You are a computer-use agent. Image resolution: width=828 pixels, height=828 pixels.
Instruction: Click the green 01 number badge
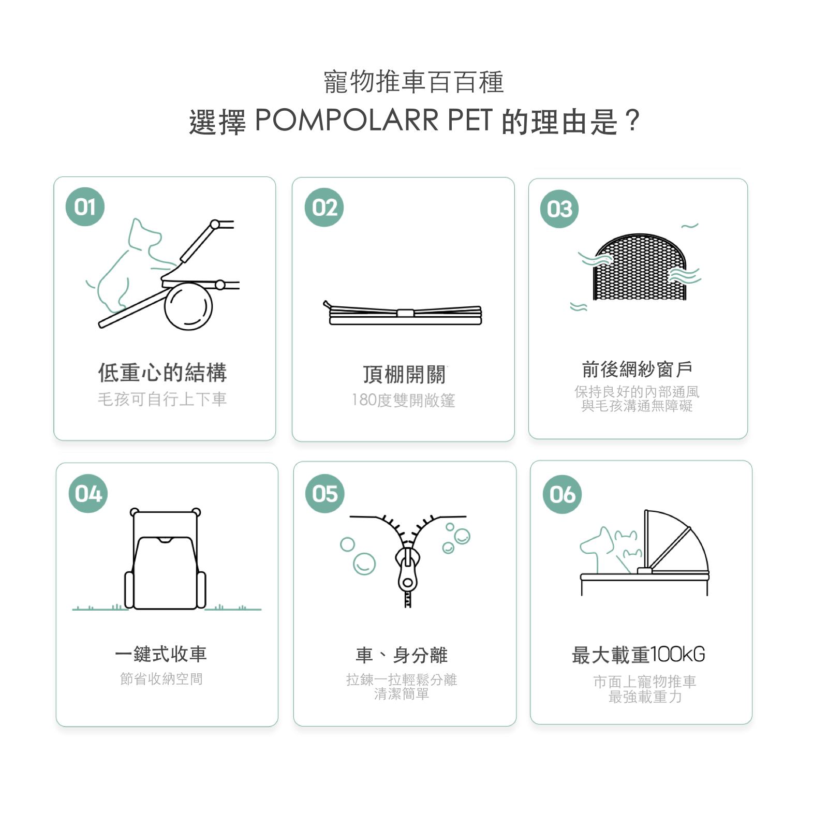(x=85, y=206)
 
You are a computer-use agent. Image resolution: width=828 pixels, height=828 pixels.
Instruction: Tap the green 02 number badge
(x=324, y=208)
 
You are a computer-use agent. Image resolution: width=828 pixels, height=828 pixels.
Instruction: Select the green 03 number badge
(x=559, y=209)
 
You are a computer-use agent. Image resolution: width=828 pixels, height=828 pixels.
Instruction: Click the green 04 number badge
(x=88, y=493)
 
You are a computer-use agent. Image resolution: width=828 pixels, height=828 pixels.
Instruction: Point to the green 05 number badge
(x=325, y=493)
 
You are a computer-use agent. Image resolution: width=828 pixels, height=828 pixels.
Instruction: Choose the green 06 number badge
(x=563, y=494)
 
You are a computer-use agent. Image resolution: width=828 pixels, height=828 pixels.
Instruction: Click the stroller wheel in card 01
(x=188, y=306)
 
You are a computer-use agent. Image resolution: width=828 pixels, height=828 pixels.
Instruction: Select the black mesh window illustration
(x=640, y=267)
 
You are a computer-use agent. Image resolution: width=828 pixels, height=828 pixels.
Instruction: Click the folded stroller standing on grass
(x=165, y=559)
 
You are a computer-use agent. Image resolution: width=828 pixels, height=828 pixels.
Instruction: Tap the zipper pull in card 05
(x=408, y=574)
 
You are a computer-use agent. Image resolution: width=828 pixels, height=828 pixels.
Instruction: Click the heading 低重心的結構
(x=162, y=373)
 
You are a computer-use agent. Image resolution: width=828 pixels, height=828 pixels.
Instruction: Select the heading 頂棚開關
(x=404, y=375)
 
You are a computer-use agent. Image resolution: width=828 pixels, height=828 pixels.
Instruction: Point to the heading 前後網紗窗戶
(x=637, y=369)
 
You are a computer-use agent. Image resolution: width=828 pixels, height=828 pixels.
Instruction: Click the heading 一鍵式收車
(x=161, y=654)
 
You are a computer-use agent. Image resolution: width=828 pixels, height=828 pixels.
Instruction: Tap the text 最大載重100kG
(x=639, y=655)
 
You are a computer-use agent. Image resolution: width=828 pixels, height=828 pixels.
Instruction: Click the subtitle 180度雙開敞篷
(x=403, y=400)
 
